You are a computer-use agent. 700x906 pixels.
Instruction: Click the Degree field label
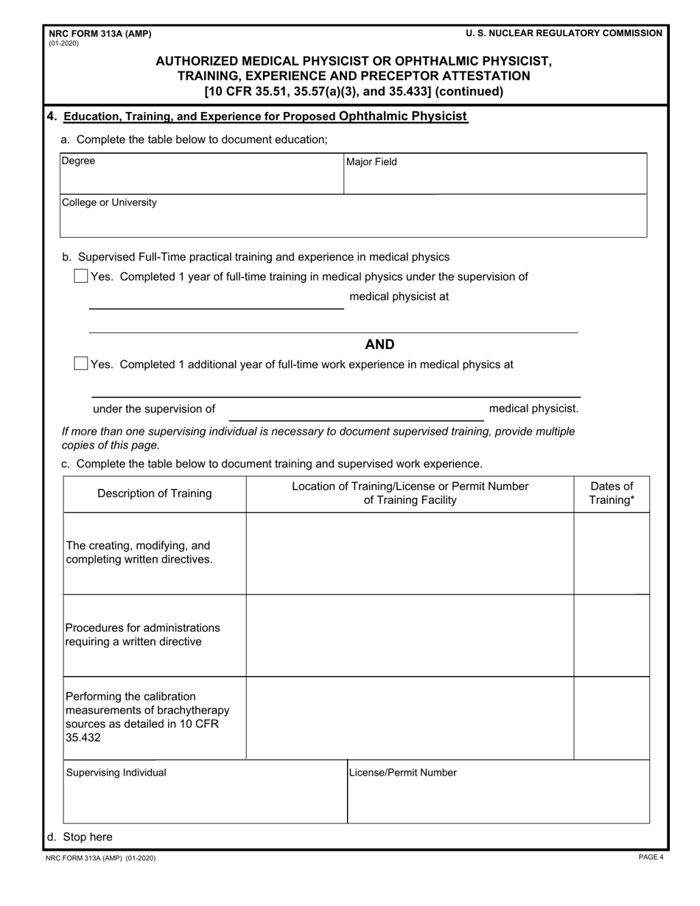click(x=78, y=161)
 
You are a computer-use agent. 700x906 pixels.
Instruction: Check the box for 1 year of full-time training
click(x=81, y=276)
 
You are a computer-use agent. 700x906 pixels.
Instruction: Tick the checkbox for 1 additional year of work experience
click(x=81, y=364)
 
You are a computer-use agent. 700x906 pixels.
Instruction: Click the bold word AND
click(x=379, y=345)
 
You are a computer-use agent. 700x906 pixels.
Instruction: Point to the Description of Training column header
click(x=155, y=494)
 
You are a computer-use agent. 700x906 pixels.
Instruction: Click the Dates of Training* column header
click(x=612, y=494)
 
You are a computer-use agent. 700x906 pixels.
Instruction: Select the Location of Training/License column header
click(x=410, y=494)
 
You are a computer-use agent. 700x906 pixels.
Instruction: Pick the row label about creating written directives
click(x=139, y=552)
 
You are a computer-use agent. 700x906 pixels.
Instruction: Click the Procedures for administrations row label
click(x=142, y=634)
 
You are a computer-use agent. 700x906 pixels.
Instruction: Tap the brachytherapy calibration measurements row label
click(x=147, y=717)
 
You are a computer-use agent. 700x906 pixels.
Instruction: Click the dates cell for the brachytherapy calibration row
click(x=612, y=718)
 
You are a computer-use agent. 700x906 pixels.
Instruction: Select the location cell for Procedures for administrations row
click(x=410, y=635)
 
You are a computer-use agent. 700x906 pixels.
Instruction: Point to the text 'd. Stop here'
click(x=80, y=837)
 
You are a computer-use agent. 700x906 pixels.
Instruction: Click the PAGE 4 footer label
click(x=651, y=857)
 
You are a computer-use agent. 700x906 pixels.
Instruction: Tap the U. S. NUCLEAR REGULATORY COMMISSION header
click(x=564, y=33)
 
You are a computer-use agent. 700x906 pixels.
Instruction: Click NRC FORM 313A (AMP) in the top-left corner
click(x=99, y=34)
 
